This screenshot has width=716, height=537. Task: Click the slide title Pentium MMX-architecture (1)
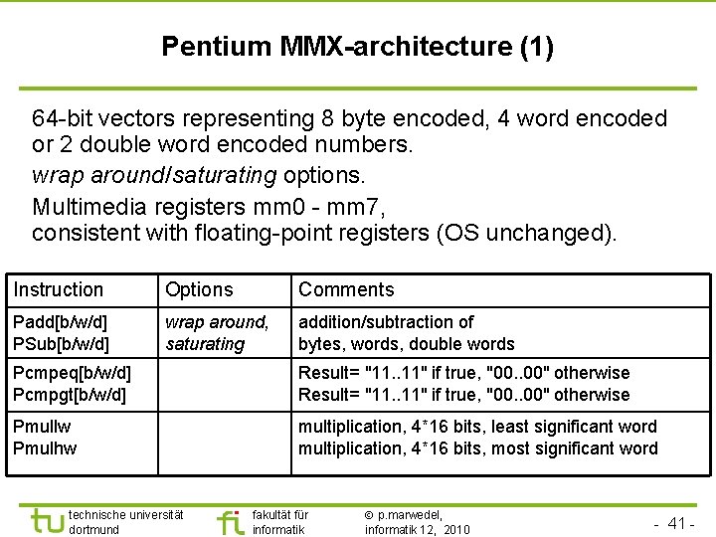click(357, 47)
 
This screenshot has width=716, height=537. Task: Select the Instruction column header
click(59, 289)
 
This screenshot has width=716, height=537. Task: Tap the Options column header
click(199, 289)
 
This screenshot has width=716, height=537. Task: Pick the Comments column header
click(346, 289)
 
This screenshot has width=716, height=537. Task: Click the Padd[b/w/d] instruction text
click(60, 322)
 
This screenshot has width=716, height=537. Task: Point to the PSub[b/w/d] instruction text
click(61, 344)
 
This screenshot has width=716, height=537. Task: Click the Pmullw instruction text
click(42, 427)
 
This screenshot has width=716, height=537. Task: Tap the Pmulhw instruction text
click(45, 448)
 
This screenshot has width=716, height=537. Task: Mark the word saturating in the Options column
click(205, 344)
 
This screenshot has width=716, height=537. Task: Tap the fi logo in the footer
click(230, 521)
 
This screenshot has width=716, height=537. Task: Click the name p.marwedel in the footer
click(407, 514)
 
